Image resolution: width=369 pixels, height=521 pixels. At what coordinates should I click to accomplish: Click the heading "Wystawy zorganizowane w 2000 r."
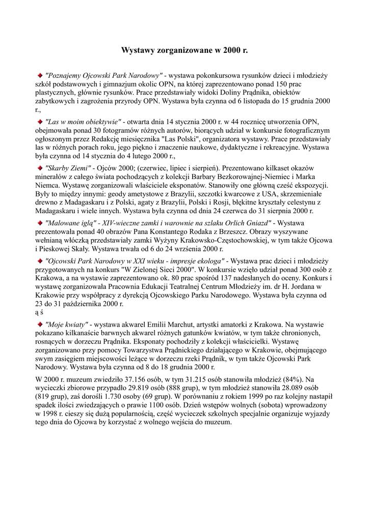click(184, 51)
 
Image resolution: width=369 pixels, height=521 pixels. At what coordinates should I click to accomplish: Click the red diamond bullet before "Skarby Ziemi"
click(40, 167)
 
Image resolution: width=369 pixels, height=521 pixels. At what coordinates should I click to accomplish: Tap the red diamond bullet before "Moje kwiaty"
click(40, 324)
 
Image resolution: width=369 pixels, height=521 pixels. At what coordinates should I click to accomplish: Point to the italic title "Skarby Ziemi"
click(68, 167)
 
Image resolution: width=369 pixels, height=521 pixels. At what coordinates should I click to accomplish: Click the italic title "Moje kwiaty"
click(67, 324)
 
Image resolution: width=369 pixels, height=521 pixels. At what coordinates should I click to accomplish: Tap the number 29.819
click(129, 388)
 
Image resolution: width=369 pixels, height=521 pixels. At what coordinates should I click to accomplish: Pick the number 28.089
click(292, 388)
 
